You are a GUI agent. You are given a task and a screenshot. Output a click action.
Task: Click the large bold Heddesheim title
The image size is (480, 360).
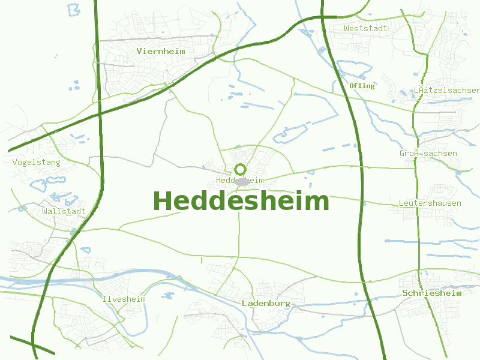(241, 201)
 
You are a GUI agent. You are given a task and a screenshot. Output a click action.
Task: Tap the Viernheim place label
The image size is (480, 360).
(161, 51)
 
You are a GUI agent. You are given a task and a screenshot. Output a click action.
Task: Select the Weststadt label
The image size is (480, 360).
(365, 28)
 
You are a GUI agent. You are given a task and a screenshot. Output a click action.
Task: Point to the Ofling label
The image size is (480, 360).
(362, 86)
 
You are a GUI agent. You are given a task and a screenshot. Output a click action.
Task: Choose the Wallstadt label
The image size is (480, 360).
(64, 211)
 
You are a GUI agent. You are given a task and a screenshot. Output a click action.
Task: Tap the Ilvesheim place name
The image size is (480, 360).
(124, 299)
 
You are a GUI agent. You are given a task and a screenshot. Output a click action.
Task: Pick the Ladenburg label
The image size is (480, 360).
(266, 303)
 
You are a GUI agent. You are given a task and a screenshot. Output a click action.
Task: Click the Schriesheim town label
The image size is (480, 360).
(432, 293)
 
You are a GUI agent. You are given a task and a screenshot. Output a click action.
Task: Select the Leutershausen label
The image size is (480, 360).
(430, 203)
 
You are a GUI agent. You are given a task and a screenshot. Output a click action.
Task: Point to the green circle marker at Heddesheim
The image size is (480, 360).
(241, 169)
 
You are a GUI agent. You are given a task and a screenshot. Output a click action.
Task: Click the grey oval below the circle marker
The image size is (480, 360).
(241, 181)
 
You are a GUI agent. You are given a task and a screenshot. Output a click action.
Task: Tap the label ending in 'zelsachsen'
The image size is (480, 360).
(447, 90)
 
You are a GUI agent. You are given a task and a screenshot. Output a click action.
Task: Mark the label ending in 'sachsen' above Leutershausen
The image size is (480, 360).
(428, 153)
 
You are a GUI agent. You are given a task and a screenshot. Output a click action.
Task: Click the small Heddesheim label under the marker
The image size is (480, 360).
(240, 180)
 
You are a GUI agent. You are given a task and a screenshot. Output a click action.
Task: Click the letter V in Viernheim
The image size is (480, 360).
(139, 51)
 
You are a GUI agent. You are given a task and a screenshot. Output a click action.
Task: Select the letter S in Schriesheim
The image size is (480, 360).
(406, 293)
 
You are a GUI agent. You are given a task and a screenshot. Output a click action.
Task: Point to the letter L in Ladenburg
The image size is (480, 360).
(244, 303)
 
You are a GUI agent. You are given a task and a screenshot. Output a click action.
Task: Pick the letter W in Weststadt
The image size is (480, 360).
(347, 28)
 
